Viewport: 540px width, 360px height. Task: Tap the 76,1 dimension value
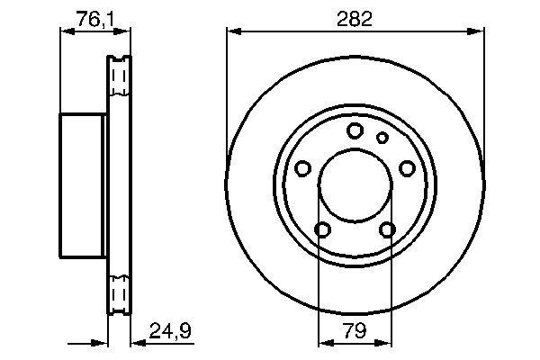click(94, 19)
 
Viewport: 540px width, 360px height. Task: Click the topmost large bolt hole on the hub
click(355, 131)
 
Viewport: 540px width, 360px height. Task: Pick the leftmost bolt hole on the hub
click(302, 168)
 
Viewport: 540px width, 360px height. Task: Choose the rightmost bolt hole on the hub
click(407, 168)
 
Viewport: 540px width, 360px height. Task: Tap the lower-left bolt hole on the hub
click(321, 229)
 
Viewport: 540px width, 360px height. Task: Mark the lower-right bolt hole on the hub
click(387, 229)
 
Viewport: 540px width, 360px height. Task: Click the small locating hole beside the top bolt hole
click(382, 138)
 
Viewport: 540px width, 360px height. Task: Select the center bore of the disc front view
click(354, 186)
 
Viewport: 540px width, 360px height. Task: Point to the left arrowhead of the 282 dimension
click(232, 31)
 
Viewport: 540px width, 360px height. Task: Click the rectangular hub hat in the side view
click(84, 185)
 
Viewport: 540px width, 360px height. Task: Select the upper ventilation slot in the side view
click(118, 79)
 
